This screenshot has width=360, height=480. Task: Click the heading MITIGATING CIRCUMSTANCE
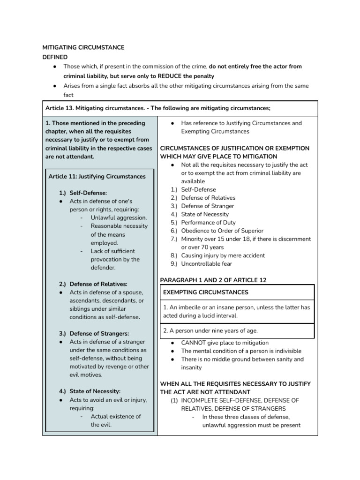tap(83, 47)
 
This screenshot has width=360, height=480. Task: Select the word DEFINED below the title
tap(55, 57)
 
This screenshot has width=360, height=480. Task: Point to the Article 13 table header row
tap(157, 108)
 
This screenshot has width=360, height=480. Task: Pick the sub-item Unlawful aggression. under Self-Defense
tap(119, 217)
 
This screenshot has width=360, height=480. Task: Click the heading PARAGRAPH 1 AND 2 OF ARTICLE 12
tap(213, 280)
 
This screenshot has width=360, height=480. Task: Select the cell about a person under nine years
tap(202, 330)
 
